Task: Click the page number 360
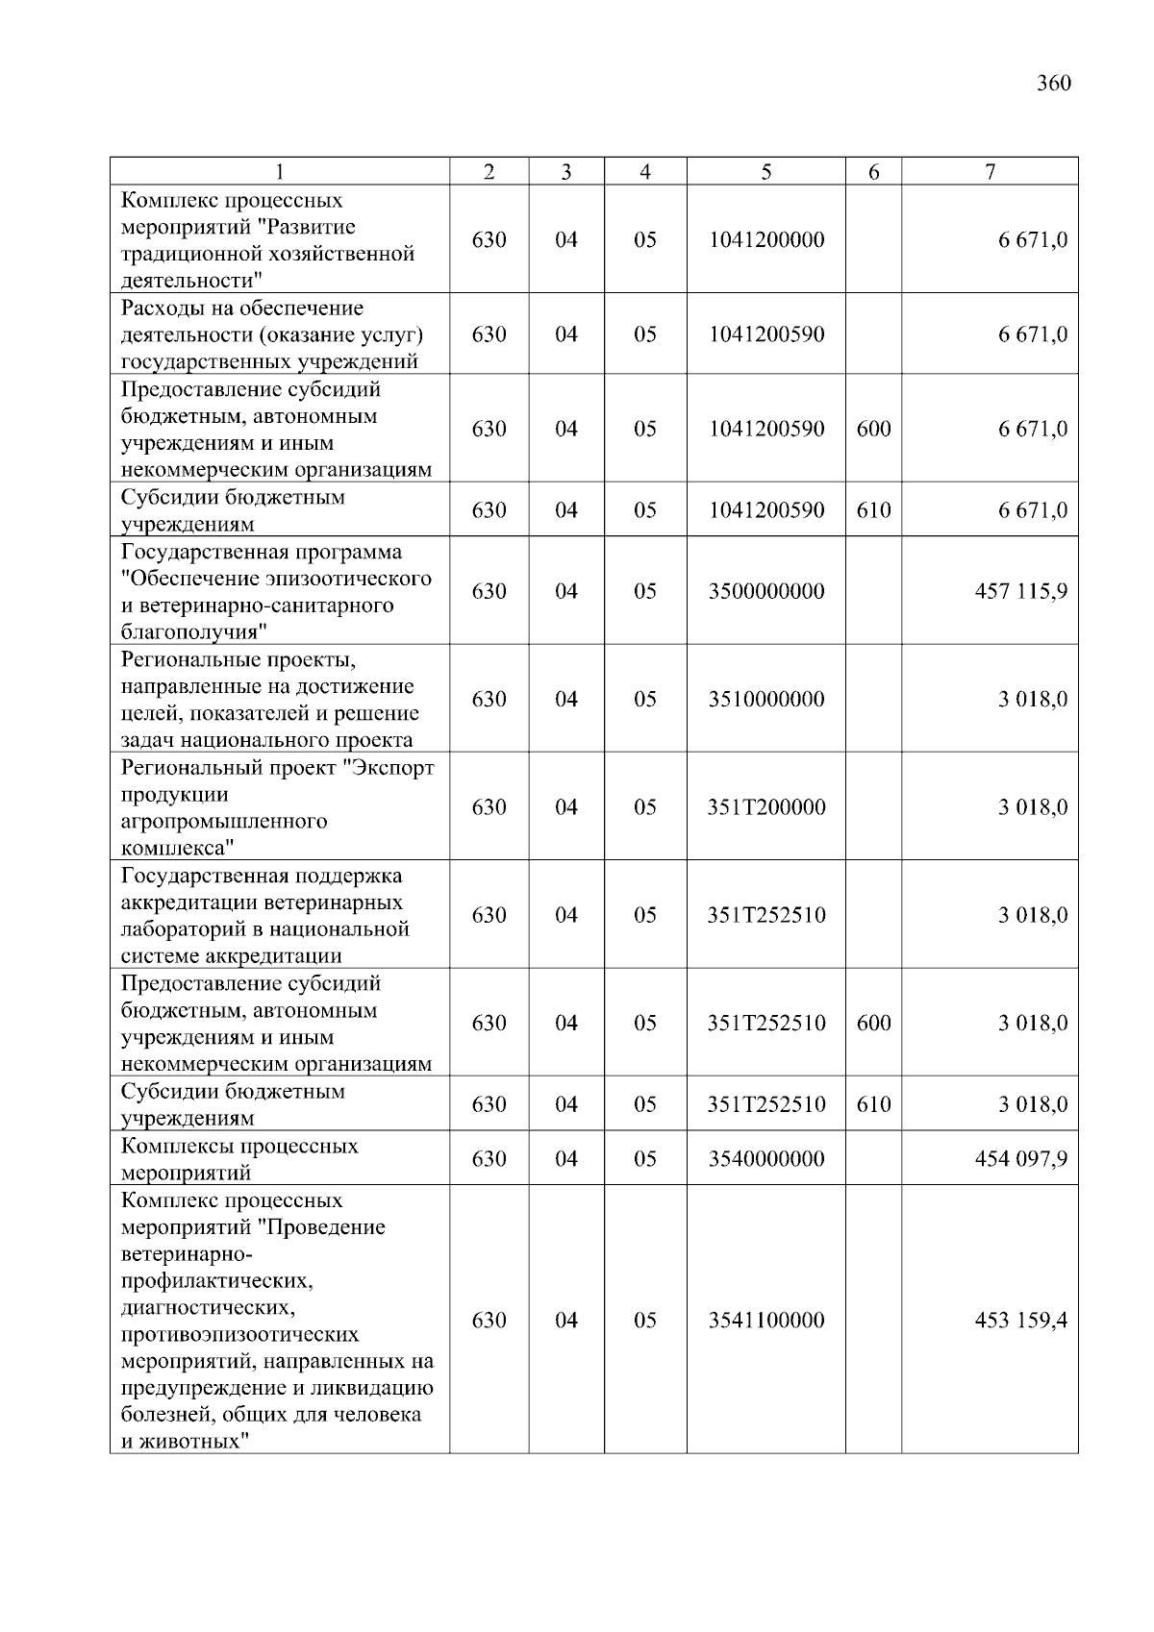(x=1053, y=84)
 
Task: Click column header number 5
(x=765, y=172)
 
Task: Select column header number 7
(x=990, y=172)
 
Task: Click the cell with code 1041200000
(x=765, y=239)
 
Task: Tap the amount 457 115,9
(x=1020, y=591)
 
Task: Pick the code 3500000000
(x=765, y=591)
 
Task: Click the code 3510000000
(x=765, y=699)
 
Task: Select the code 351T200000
(x=765, y=807)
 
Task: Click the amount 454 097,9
(x=1020, y=1159)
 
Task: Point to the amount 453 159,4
(x=1020, y=1321)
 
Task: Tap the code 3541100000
(x=765, y=1321)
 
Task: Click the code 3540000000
(x=765, y=1159)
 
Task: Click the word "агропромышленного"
(x=224, y=822)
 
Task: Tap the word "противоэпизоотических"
(x=239, y=1335)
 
